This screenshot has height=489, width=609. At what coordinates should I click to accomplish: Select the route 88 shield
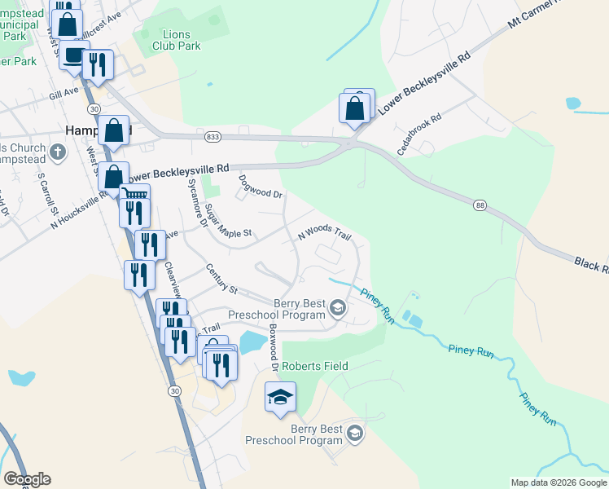coord(480,206)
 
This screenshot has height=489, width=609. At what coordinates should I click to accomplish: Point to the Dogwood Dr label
coord(260,187)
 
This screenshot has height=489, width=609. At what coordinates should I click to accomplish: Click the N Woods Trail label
coord(324,234)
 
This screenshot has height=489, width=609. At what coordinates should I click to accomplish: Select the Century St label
coord(221,279)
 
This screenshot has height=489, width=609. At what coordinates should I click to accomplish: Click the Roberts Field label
coord(315,367)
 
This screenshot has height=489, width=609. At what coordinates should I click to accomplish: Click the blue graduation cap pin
coord(280,397)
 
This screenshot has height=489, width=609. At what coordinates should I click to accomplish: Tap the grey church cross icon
coord(57,152)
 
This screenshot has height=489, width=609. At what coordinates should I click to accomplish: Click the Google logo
coord(27,479)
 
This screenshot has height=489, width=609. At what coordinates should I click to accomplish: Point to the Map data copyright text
coord(558,482)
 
